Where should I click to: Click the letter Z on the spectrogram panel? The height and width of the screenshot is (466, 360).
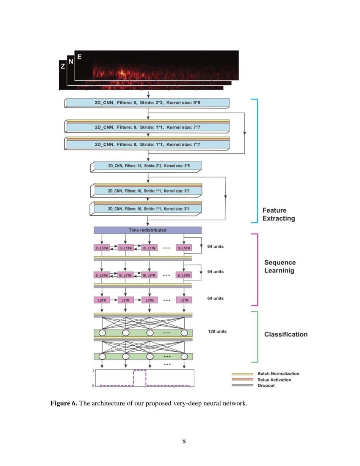coord(63,67)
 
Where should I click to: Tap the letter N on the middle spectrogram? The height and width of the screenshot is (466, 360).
coord(71,61)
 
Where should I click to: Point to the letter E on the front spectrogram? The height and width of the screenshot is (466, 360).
coord(79,56)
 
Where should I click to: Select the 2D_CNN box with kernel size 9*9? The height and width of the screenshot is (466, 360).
coord(147,103)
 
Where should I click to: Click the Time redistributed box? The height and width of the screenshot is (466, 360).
coord(147,230)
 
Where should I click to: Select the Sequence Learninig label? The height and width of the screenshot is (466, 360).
coord(280,266)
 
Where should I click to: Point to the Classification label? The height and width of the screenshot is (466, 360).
coord(286,334)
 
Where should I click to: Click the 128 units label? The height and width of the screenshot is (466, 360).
coord(217,331)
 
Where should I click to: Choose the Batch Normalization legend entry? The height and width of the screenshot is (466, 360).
coord(278,374)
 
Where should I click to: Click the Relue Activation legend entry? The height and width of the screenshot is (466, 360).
coord(274,380)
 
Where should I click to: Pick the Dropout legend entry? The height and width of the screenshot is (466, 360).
coord(266,386)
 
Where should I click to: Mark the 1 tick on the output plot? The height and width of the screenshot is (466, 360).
coord(93,371)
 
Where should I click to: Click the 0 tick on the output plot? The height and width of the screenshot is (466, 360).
coord(93,386)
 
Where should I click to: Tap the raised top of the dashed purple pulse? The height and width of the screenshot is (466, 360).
coord(140,370)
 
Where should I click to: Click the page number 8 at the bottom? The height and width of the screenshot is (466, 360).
coord(184,442)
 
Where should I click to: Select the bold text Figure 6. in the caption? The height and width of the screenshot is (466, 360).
coord(64,403)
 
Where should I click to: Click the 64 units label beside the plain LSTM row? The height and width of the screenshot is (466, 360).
coord(215,298)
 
